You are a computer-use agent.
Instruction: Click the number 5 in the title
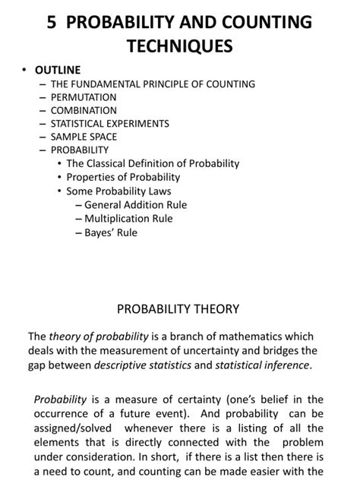tap(51, 21)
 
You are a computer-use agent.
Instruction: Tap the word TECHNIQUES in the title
tap(180, 47)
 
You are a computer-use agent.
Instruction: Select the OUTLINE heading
tap(57, 71)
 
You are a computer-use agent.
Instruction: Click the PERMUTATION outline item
tap(84, 97)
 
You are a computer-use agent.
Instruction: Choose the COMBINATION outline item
tap(84, 110)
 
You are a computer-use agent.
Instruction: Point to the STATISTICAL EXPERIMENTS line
tap(109, 123)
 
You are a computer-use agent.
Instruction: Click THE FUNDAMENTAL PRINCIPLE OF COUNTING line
tap(153, 84)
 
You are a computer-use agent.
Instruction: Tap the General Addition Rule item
tap(135, 205)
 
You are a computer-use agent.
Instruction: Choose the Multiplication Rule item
tap(128, 219)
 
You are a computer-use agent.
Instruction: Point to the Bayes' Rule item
tap(111, 232)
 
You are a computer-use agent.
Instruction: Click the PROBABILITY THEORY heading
tap(178, 309)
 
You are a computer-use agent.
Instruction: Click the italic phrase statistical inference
tap(261, 365)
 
